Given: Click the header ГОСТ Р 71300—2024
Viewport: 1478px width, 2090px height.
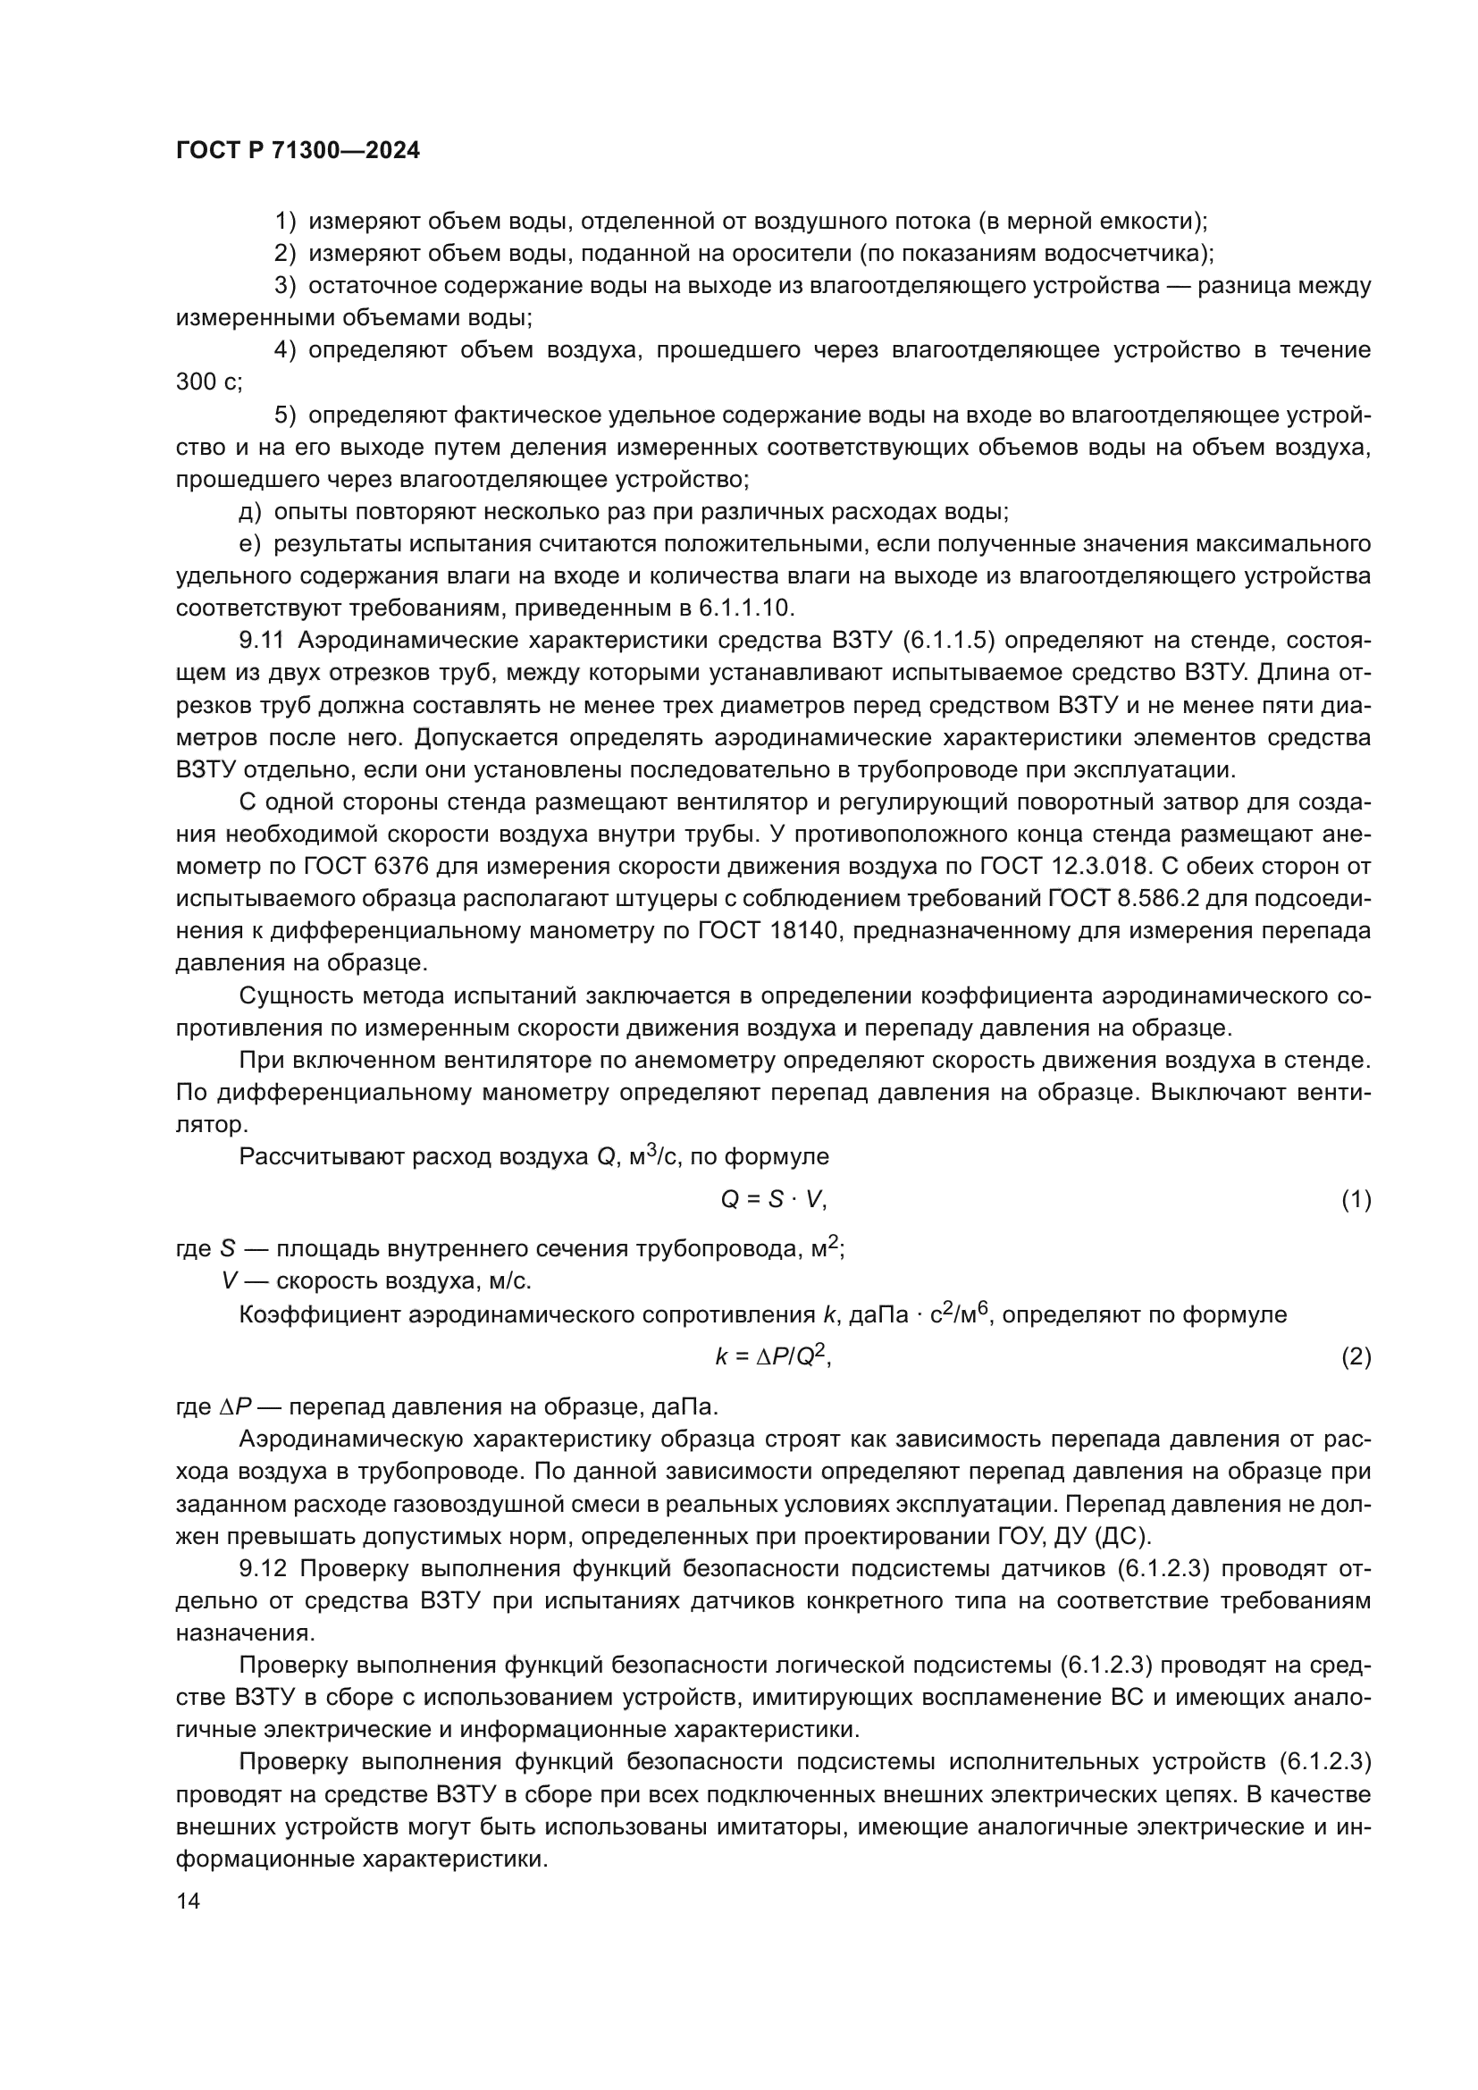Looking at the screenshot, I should (x=298, y=151).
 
